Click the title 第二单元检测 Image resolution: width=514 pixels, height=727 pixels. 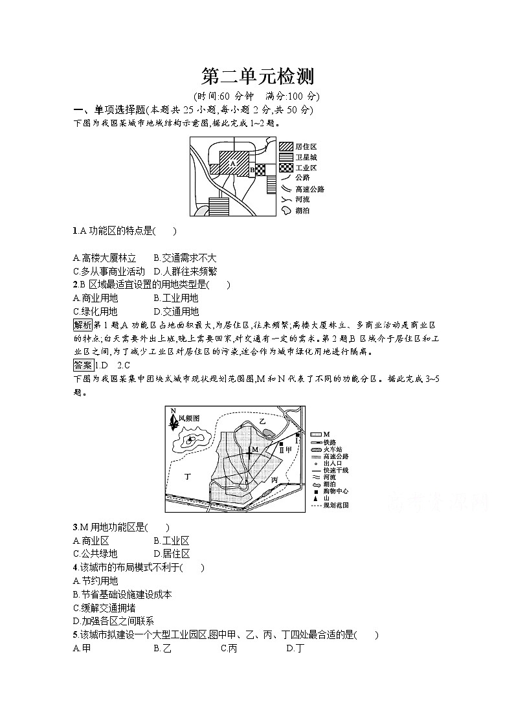[257, 77]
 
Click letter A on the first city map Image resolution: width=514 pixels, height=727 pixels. [232, 164]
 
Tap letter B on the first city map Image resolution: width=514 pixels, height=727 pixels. [252, 170]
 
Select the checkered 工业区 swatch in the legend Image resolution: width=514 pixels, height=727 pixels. [285, 168]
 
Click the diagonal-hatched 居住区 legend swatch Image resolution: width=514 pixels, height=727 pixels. [285, 147]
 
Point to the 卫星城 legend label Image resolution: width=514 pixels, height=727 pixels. [306, 157]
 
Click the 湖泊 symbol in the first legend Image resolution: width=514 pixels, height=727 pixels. [285, 210]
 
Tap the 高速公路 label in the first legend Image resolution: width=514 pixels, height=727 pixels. [309, 189]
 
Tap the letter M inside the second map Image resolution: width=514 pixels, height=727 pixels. [255, 449]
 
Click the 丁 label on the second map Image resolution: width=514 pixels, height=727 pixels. [188, 476]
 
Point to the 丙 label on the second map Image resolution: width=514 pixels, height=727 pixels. [274, 480]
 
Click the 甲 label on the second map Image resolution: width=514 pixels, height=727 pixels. [289, 449]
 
